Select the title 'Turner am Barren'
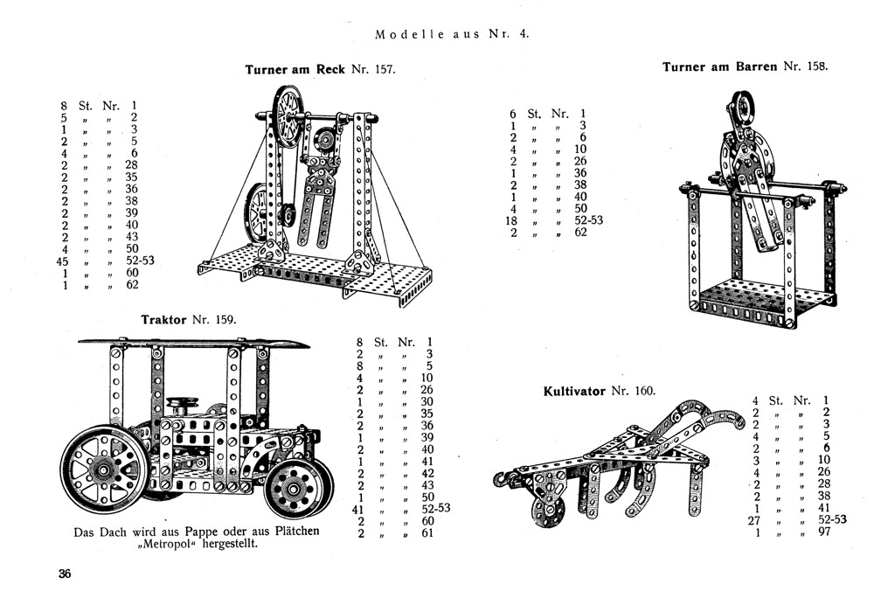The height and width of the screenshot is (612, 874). click(x=719, y=66)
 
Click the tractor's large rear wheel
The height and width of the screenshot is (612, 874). click(x=103, y=470)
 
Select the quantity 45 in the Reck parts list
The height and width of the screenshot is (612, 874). click(x=63, y=259)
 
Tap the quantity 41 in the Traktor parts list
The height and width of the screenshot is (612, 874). click(x=357, y=508)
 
